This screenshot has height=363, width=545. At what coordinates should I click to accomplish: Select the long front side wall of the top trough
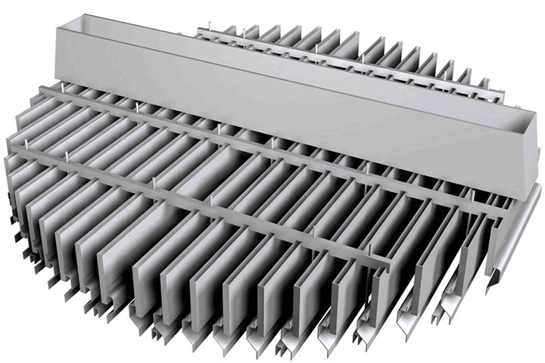tap(288, 106)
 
